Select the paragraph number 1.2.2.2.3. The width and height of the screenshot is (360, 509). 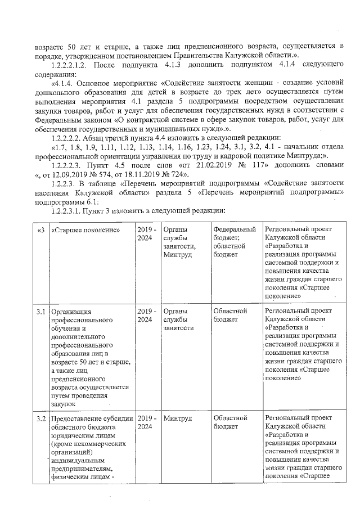(69, 165)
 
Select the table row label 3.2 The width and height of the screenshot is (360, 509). (40, 418)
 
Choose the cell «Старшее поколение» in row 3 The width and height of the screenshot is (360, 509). (84, 229)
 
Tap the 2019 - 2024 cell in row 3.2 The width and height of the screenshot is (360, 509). (146, 423)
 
